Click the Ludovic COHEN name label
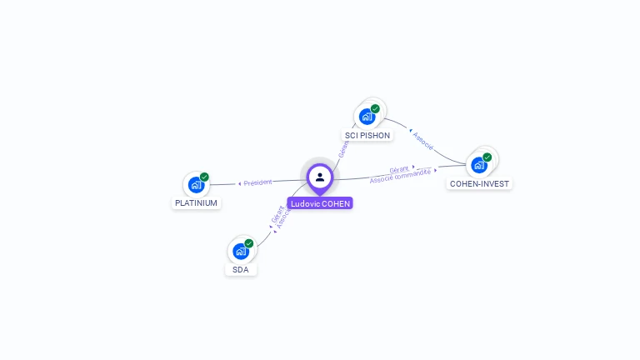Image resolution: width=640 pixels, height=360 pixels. (320, 203)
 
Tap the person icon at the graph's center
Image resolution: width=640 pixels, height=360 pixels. (320, 177)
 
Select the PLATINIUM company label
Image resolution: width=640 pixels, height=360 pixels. (197, 203)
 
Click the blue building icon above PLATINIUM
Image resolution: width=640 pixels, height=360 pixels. (196, 185)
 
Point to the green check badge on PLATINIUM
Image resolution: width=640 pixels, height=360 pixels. (204, 177)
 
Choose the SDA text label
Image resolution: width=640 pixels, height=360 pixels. (241, 270)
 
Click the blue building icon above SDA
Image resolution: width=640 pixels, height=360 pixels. (240, 251)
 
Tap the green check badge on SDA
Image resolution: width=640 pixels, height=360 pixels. (248, 243)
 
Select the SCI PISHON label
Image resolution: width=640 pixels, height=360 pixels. (367, 135)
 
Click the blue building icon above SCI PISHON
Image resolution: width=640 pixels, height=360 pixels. (367, 117)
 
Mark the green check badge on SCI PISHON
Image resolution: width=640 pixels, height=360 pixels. (375, 108)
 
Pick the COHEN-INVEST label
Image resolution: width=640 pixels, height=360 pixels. (479, 183)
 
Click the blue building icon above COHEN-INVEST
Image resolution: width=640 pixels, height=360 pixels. (478, 165)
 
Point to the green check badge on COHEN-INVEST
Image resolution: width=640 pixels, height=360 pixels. (487, 157)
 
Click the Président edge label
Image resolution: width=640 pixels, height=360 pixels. (257, 182)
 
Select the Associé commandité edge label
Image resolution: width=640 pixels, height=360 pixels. (401, 176)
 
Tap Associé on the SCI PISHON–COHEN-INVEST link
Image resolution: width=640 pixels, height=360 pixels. (423, 141)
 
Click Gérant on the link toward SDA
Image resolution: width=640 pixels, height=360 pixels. (277, 214)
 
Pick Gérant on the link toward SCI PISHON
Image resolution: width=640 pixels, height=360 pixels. (344, 147)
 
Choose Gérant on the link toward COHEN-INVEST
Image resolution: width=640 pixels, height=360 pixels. (399, 169)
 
